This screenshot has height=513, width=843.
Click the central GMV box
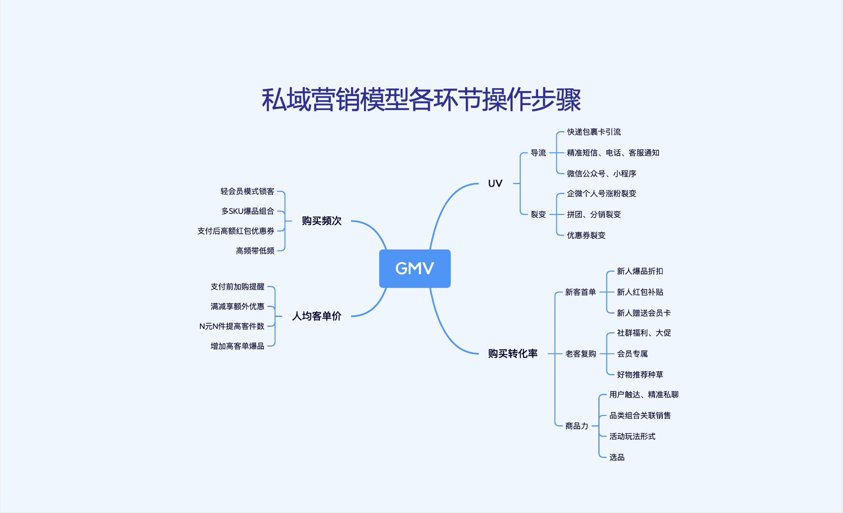pos(414,268)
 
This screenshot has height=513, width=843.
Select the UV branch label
pos(495,183)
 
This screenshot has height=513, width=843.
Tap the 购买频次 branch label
pos(321,221)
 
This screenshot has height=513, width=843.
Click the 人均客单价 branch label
pos(317,316)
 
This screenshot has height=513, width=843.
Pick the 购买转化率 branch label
pos(513,353)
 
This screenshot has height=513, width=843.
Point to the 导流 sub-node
pos(538,153)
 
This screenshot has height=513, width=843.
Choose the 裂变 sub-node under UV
pos(538,214)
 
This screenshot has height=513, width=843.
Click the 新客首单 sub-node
pos(580,292)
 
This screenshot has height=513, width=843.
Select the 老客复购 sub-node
pos(580,354)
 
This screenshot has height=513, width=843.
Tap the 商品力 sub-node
pos(577,426)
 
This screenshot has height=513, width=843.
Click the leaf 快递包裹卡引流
pos(594,132)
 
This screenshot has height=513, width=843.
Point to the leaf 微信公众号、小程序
pos(601,174)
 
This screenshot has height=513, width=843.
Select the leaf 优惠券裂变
pos(586,235)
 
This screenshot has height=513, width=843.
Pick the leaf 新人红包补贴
pos(640,292)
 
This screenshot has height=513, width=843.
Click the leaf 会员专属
pos(632,354)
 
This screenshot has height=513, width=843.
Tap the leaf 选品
pos(617,457)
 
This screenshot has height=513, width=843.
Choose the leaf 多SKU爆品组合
pos(248,211)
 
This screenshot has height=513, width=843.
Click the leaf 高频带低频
pos(255,251)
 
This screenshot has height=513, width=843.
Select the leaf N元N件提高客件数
pos(232,326)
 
